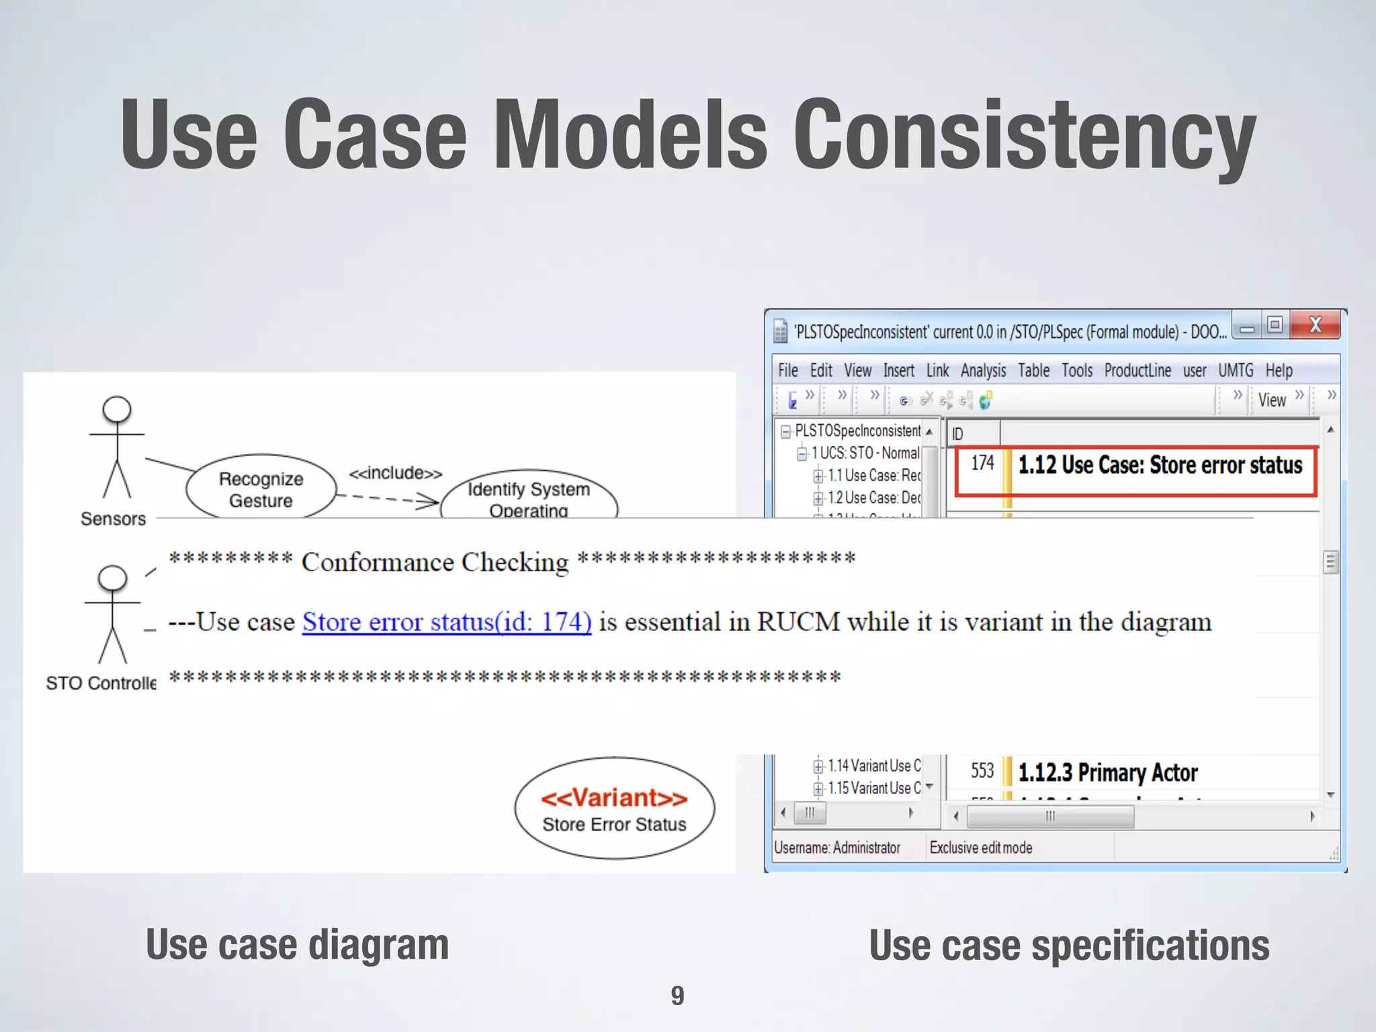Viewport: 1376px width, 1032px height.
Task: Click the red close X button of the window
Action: [1315, 325]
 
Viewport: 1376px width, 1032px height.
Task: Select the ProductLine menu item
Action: [1137, 370]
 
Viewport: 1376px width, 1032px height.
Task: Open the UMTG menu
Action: [1236, 370]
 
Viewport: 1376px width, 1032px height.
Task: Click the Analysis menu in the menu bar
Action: [983, 370]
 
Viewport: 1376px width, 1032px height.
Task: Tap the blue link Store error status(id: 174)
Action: [447, 622]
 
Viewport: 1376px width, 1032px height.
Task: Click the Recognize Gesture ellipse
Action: [261, 488]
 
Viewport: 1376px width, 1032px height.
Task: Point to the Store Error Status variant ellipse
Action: [614, 809]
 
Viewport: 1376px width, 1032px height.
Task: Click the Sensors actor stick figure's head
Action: [117, 409]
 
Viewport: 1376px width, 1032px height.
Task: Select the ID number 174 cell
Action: [982, 463]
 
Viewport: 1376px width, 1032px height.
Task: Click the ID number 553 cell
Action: [982, 771]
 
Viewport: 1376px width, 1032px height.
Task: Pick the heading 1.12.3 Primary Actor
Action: [1107, 773]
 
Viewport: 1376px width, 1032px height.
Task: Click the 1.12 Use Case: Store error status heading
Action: [1160, 465]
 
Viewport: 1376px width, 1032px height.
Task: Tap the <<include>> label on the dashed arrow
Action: [395, 473]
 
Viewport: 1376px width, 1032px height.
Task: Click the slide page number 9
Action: [677, 995]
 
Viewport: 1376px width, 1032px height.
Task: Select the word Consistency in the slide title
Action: [1024, 134]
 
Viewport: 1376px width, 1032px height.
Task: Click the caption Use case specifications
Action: [1069, 945]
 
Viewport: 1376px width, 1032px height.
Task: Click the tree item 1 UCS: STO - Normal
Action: [865, 453]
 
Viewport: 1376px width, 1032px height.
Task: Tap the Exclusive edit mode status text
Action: [980, 848]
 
